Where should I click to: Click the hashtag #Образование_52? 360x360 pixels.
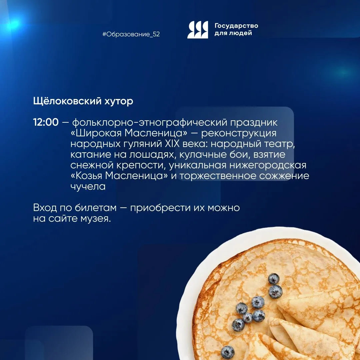(x=131, y=34)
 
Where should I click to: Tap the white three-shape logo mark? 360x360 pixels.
(x=198, y=30)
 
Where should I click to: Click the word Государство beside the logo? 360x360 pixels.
(x=236, y=26)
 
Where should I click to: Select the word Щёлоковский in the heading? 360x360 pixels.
(x=67, y=101)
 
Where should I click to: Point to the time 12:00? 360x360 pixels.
(x=46, y=122)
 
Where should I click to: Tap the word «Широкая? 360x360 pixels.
(x=96, y=133)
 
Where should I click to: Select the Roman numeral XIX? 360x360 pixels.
(x=172, y=144)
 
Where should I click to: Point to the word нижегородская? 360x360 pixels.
(x=268, y=166)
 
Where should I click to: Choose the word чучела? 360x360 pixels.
(x=88, y=186)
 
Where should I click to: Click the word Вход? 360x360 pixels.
(x=45, y=208)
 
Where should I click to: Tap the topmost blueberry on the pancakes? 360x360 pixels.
(x=274, y=278)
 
